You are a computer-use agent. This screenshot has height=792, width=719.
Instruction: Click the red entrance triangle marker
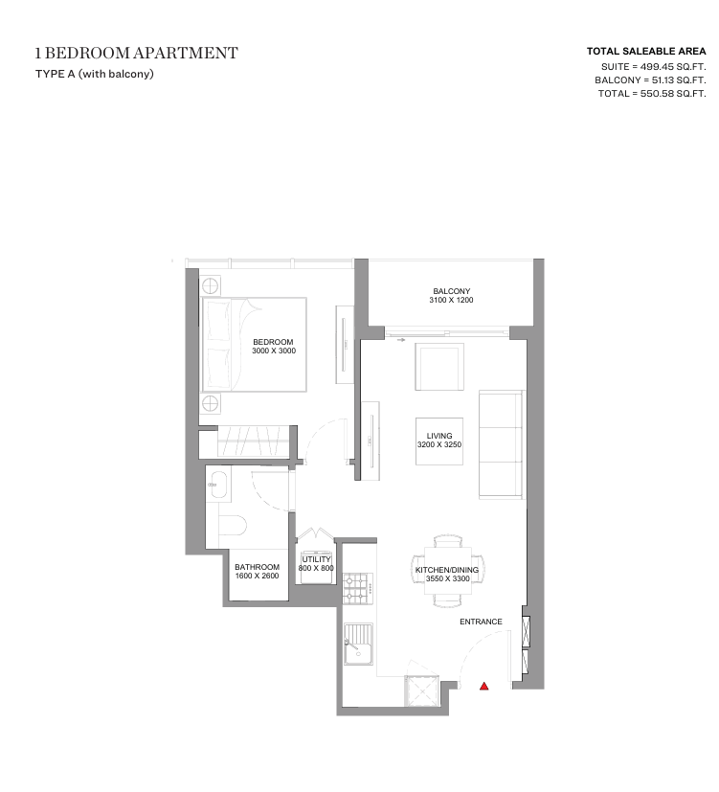(483, 686)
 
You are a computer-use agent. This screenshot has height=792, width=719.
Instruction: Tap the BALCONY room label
(451, 291)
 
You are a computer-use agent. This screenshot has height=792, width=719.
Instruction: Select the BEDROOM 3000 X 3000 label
(274, 347)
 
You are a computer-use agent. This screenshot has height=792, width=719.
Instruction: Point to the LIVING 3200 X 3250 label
(439, 441)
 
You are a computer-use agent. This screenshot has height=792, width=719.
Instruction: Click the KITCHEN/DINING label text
(447, 570)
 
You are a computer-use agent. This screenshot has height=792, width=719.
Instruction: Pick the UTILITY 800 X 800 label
(316, 564)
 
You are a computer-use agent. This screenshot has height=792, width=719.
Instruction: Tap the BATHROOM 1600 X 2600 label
(257, 572)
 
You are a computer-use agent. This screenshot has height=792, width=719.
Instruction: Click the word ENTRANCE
(481, 622)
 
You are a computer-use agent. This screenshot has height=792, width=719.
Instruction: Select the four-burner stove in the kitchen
(358, 589)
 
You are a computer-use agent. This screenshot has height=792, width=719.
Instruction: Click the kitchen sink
(358, 644)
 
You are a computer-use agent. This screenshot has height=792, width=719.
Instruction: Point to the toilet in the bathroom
(233, 526)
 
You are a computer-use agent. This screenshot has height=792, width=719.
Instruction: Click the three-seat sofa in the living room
(502, 444)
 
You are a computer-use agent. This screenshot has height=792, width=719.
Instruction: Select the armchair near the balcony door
(439, 367)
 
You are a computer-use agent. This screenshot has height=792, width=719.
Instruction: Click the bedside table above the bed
(211, 286)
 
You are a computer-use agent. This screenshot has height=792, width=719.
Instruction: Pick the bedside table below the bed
(211, 403)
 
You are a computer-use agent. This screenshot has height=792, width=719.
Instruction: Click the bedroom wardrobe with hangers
(253, 441)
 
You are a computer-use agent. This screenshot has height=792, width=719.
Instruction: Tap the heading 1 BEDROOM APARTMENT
(136, 53)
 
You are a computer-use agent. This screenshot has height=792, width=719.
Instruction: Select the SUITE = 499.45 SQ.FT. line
(653, 67)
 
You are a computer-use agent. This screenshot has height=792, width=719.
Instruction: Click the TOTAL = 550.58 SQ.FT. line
(652, 94)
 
